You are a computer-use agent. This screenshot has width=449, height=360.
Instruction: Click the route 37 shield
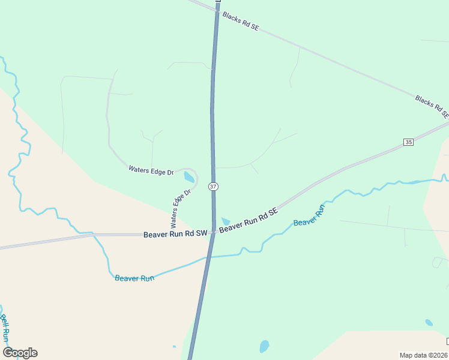[x=214, y=187]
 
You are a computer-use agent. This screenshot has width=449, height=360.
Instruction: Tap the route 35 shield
[x=409, y=142]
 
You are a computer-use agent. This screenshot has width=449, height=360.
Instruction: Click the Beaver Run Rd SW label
[x=175, y=233]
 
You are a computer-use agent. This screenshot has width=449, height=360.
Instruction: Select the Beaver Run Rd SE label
[x=249, y=221]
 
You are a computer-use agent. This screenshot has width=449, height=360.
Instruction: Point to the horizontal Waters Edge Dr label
[x=151, y=170]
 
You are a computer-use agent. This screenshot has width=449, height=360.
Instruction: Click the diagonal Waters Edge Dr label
[x=180, y=209]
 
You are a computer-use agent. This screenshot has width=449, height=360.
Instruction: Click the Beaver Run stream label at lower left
[x=134, y=278]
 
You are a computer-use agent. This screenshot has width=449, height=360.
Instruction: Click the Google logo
[x=20, y=353]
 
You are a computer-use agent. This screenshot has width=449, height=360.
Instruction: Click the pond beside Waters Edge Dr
[x=189, y=177]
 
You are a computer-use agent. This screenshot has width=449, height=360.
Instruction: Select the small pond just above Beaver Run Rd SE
[x=226, y=221]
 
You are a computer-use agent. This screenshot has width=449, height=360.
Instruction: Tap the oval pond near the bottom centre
[x=264, y=346]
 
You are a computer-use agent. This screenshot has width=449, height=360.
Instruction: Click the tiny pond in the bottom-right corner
[x=429, y=323]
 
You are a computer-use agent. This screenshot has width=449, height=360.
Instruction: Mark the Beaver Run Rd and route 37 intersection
[x=213, y=232]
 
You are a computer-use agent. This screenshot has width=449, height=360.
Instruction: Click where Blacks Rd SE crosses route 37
[x=217, y=8]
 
